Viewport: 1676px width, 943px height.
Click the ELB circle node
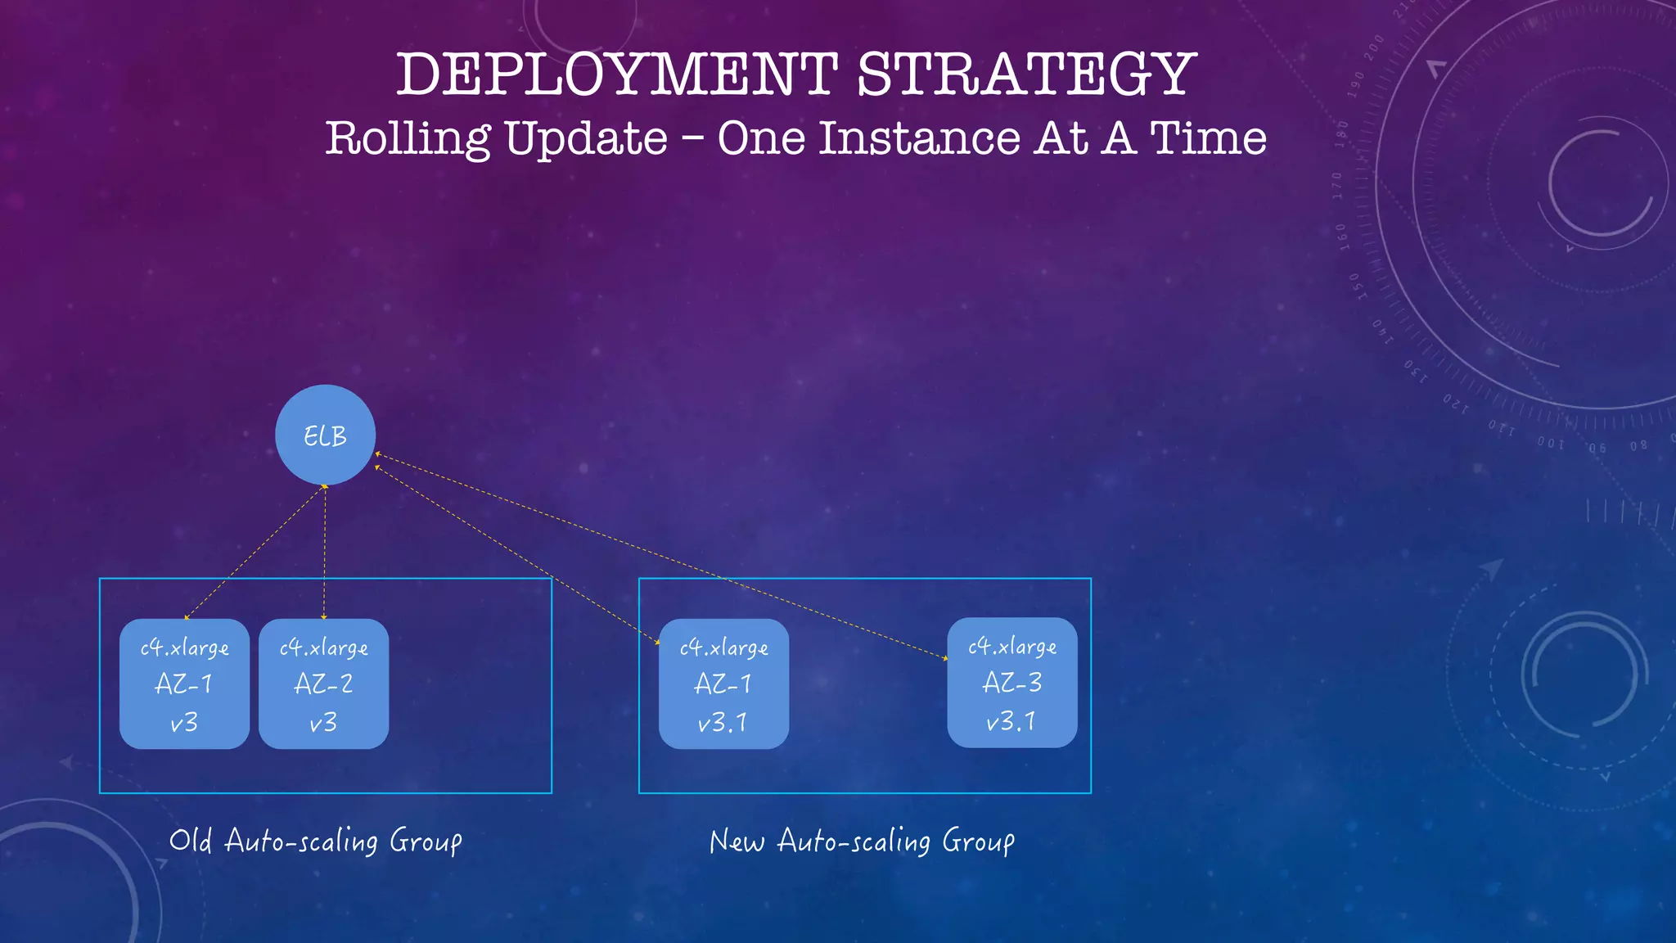pyautogui.click(x=325, y=435)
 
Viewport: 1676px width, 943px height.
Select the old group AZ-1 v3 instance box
pyautogui.click(x=184, y=684)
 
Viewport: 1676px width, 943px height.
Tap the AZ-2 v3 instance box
pyautogui.click(x=323, y=684)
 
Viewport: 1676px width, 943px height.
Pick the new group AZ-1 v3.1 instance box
pyautogui.click(x=723, y=684)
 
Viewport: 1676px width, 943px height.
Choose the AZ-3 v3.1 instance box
pyautogui.click(x=1011, y=682)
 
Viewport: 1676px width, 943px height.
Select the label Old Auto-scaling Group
pyautogui.click(x=316, y=841)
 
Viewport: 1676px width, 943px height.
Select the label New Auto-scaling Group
pyautogui.click(x=862, y=841)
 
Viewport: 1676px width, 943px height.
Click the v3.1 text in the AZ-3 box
pyautogui.click(x=1011, y=721)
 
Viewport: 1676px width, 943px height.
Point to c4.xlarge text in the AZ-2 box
pyautogui.click(x=323, y=647)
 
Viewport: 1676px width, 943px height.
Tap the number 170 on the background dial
pyautogui.click(x=1337, y=186)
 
